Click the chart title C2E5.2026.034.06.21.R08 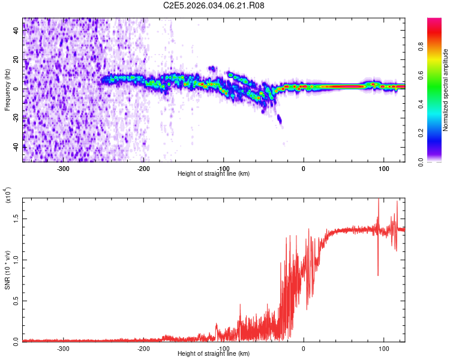[214, 5]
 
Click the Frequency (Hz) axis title [8, 90]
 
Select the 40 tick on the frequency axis [17, 31]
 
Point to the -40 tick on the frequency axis [17, 146]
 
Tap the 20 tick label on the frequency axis [17, 60]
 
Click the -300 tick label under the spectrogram [64, 167]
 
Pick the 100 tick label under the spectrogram [383, 167]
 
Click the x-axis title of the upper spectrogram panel [214, 173]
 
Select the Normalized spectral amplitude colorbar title [446, 90]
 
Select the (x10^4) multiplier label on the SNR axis [8, 196]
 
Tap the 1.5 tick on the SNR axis [17, 220]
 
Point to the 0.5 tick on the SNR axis [17, 301]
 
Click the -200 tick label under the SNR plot [143, 348]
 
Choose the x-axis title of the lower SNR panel [214, 353]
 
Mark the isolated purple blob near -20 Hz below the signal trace [279, 120]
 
